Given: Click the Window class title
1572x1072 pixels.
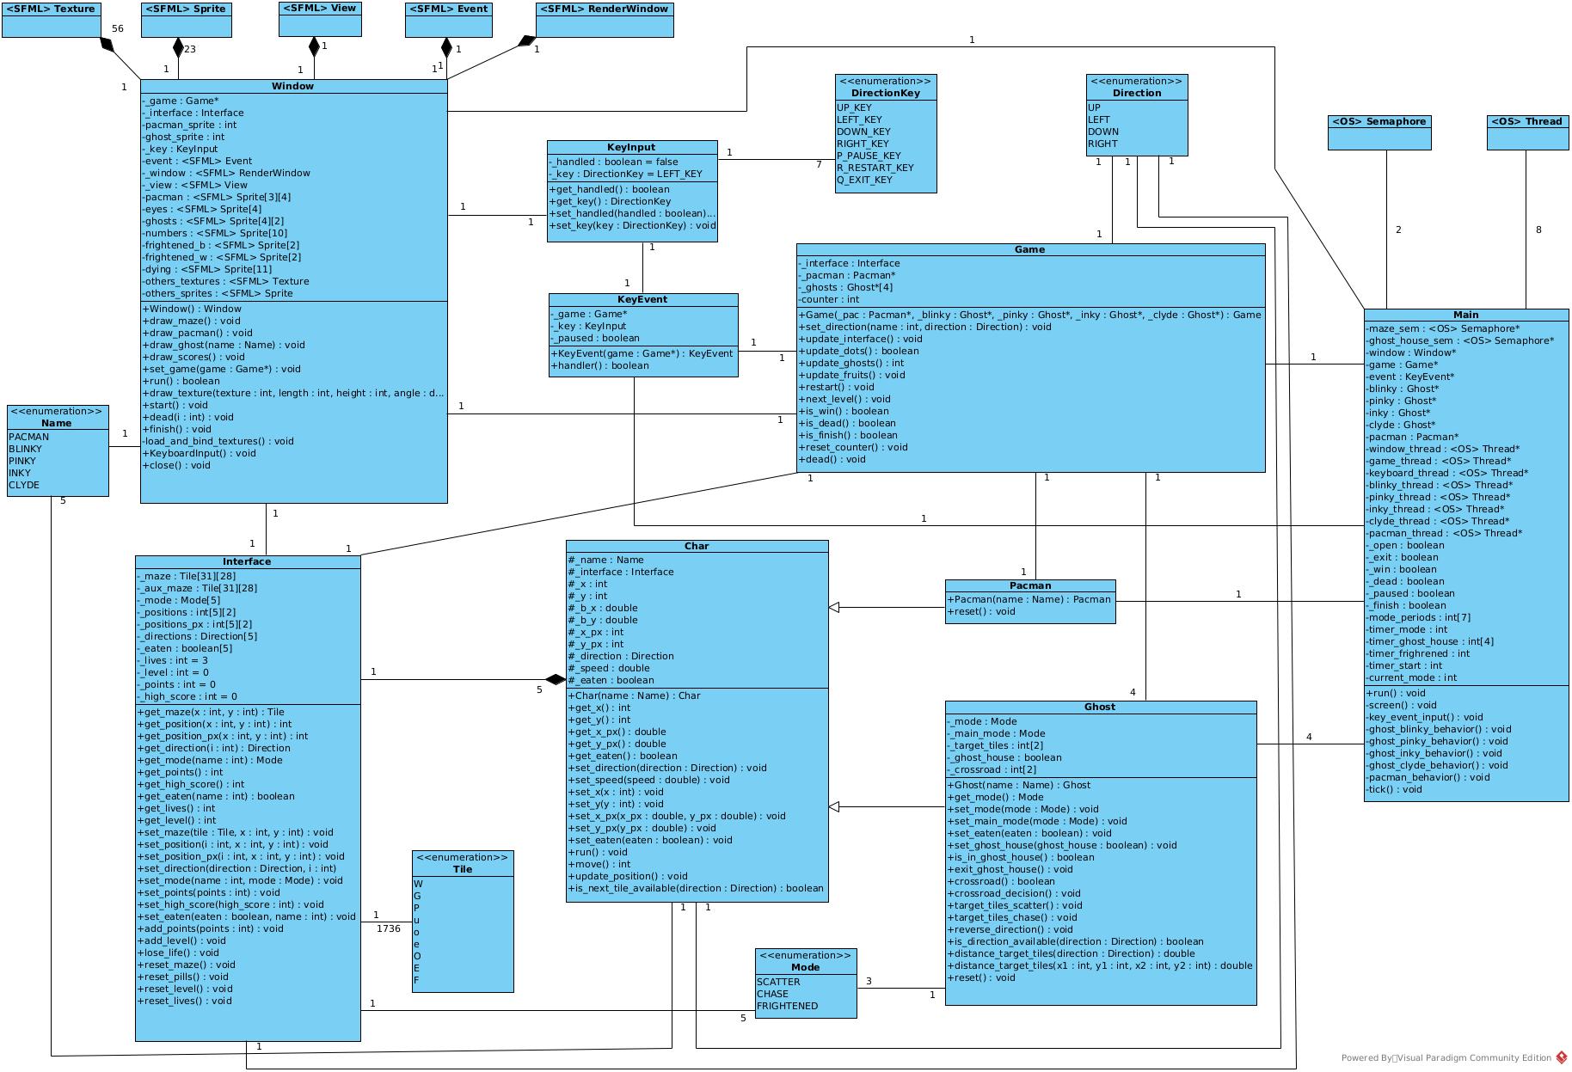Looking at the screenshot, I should click(x=292, y=86).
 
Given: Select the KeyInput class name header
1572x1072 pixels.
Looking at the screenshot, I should click(x=631, y=148).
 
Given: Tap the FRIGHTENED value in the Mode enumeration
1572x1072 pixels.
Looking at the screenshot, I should click(x=787, y=1006).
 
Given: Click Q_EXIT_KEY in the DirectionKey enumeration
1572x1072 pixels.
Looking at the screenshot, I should click(x=864, y=180).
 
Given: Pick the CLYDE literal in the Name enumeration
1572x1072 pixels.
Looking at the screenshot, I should click(x=24, y=485).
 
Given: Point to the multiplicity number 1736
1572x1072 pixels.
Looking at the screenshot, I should click(x=389, y=928).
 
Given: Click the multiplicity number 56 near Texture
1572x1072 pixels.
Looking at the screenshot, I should click(x=118, y=28).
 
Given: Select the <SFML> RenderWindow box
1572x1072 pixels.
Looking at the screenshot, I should click(x=604, y=20).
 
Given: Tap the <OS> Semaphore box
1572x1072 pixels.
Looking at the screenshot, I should click(x=1379, y=133).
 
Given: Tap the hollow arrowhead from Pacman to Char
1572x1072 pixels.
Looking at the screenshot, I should click(x=833, y=608).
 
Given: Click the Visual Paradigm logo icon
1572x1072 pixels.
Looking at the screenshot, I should click(x=1561, y=1057).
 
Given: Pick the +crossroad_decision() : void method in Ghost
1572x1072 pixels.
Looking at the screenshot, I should click(x=1014, y=893).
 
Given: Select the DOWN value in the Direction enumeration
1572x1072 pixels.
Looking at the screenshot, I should click(x=1103, y=132).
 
